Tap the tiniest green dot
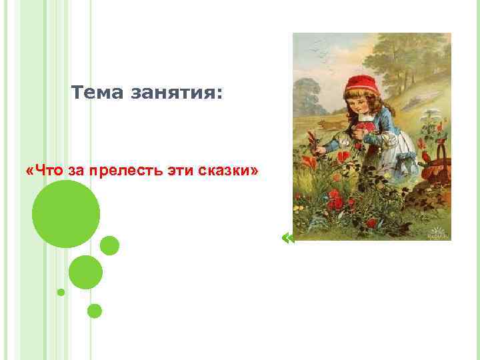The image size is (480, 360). [x=61, y=292]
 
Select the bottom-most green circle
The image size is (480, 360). [x=95, y=311]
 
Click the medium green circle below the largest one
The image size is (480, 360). [x=85, y=272]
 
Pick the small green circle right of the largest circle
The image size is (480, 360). [x=109, y=245]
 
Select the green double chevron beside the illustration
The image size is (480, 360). [x=288, y=238]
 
